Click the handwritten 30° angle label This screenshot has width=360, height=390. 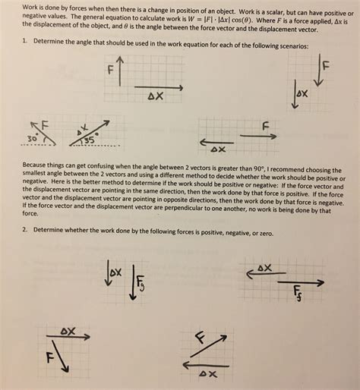33,138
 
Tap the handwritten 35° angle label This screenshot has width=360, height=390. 90,139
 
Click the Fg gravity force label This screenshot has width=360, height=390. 141,283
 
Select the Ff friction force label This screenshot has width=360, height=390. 298,294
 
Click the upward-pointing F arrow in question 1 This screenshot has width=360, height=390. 120,71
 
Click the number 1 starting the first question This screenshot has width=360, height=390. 24,40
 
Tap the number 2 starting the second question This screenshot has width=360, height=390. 24,229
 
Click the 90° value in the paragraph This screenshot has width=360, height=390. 258,168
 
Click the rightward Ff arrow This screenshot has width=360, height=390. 301,282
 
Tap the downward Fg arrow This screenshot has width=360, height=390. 133,282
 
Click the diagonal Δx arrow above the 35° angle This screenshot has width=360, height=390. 90,133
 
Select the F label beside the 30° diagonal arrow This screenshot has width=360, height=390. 45,125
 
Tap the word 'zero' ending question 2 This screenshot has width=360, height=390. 266,234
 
